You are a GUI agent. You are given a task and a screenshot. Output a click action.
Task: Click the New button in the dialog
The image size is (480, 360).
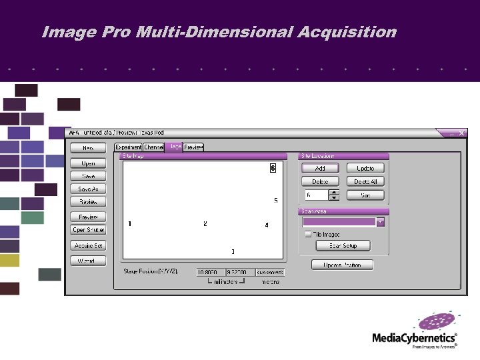(88, 148)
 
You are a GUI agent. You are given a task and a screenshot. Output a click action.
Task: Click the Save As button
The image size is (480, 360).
(88, 189)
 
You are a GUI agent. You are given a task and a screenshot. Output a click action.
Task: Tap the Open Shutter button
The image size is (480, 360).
(88, 230)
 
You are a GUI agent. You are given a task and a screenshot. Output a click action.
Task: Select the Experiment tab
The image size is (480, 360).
(128, 147)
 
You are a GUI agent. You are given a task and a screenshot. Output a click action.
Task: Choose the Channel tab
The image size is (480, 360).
(153, 147)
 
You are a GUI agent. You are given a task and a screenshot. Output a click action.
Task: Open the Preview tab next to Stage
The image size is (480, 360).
(193, 147)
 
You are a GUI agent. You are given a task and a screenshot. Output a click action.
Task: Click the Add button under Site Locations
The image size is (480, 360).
(320, 169)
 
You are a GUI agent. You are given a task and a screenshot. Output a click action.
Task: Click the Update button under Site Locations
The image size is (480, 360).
(365, 169)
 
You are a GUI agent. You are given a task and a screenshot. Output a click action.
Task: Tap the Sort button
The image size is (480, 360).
(365, 195)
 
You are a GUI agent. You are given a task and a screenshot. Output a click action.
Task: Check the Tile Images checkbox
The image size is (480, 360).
(308, 234)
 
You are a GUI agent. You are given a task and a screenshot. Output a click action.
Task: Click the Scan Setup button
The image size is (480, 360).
(343, 246)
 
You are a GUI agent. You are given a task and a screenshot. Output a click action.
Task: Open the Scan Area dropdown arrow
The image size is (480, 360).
(381, 222)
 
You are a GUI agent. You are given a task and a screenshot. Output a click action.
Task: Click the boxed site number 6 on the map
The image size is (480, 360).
(273, 168)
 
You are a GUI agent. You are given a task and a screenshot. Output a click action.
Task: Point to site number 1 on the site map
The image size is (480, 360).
(129, 224)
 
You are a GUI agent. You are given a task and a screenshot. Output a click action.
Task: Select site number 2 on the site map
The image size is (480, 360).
(205, 224)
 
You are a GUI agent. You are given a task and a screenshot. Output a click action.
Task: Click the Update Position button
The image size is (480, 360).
(343, 265)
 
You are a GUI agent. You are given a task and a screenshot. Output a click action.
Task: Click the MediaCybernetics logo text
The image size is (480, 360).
(414, 338)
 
